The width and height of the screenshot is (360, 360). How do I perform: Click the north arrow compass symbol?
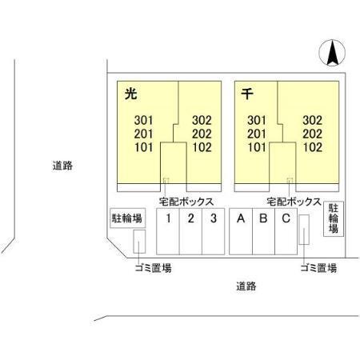[332, 53]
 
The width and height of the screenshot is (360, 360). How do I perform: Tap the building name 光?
[131, 94]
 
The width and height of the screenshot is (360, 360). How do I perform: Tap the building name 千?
[247, 94]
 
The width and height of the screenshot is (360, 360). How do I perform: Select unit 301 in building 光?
[143, 120]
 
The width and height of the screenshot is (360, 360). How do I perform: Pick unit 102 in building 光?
[202, 147]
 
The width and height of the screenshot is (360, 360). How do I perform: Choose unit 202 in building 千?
[312, 134]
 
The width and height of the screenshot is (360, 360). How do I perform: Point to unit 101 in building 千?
[257, 147]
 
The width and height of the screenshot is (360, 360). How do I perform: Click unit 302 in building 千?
[312, 120]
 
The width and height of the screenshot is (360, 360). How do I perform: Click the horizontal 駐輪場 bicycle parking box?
[127, 218]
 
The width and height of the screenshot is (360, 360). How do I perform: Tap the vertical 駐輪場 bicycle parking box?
[334, 218]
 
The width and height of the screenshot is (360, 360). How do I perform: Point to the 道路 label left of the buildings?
[62, 166]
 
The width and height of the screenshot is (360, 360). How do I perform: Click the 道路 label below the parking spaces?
[246, 286]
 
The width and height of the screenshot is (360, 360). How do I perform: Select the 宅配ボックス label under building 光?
[186, 202]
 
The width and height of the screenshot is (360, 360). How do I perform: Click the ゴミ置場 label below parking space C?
[318, 268]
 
